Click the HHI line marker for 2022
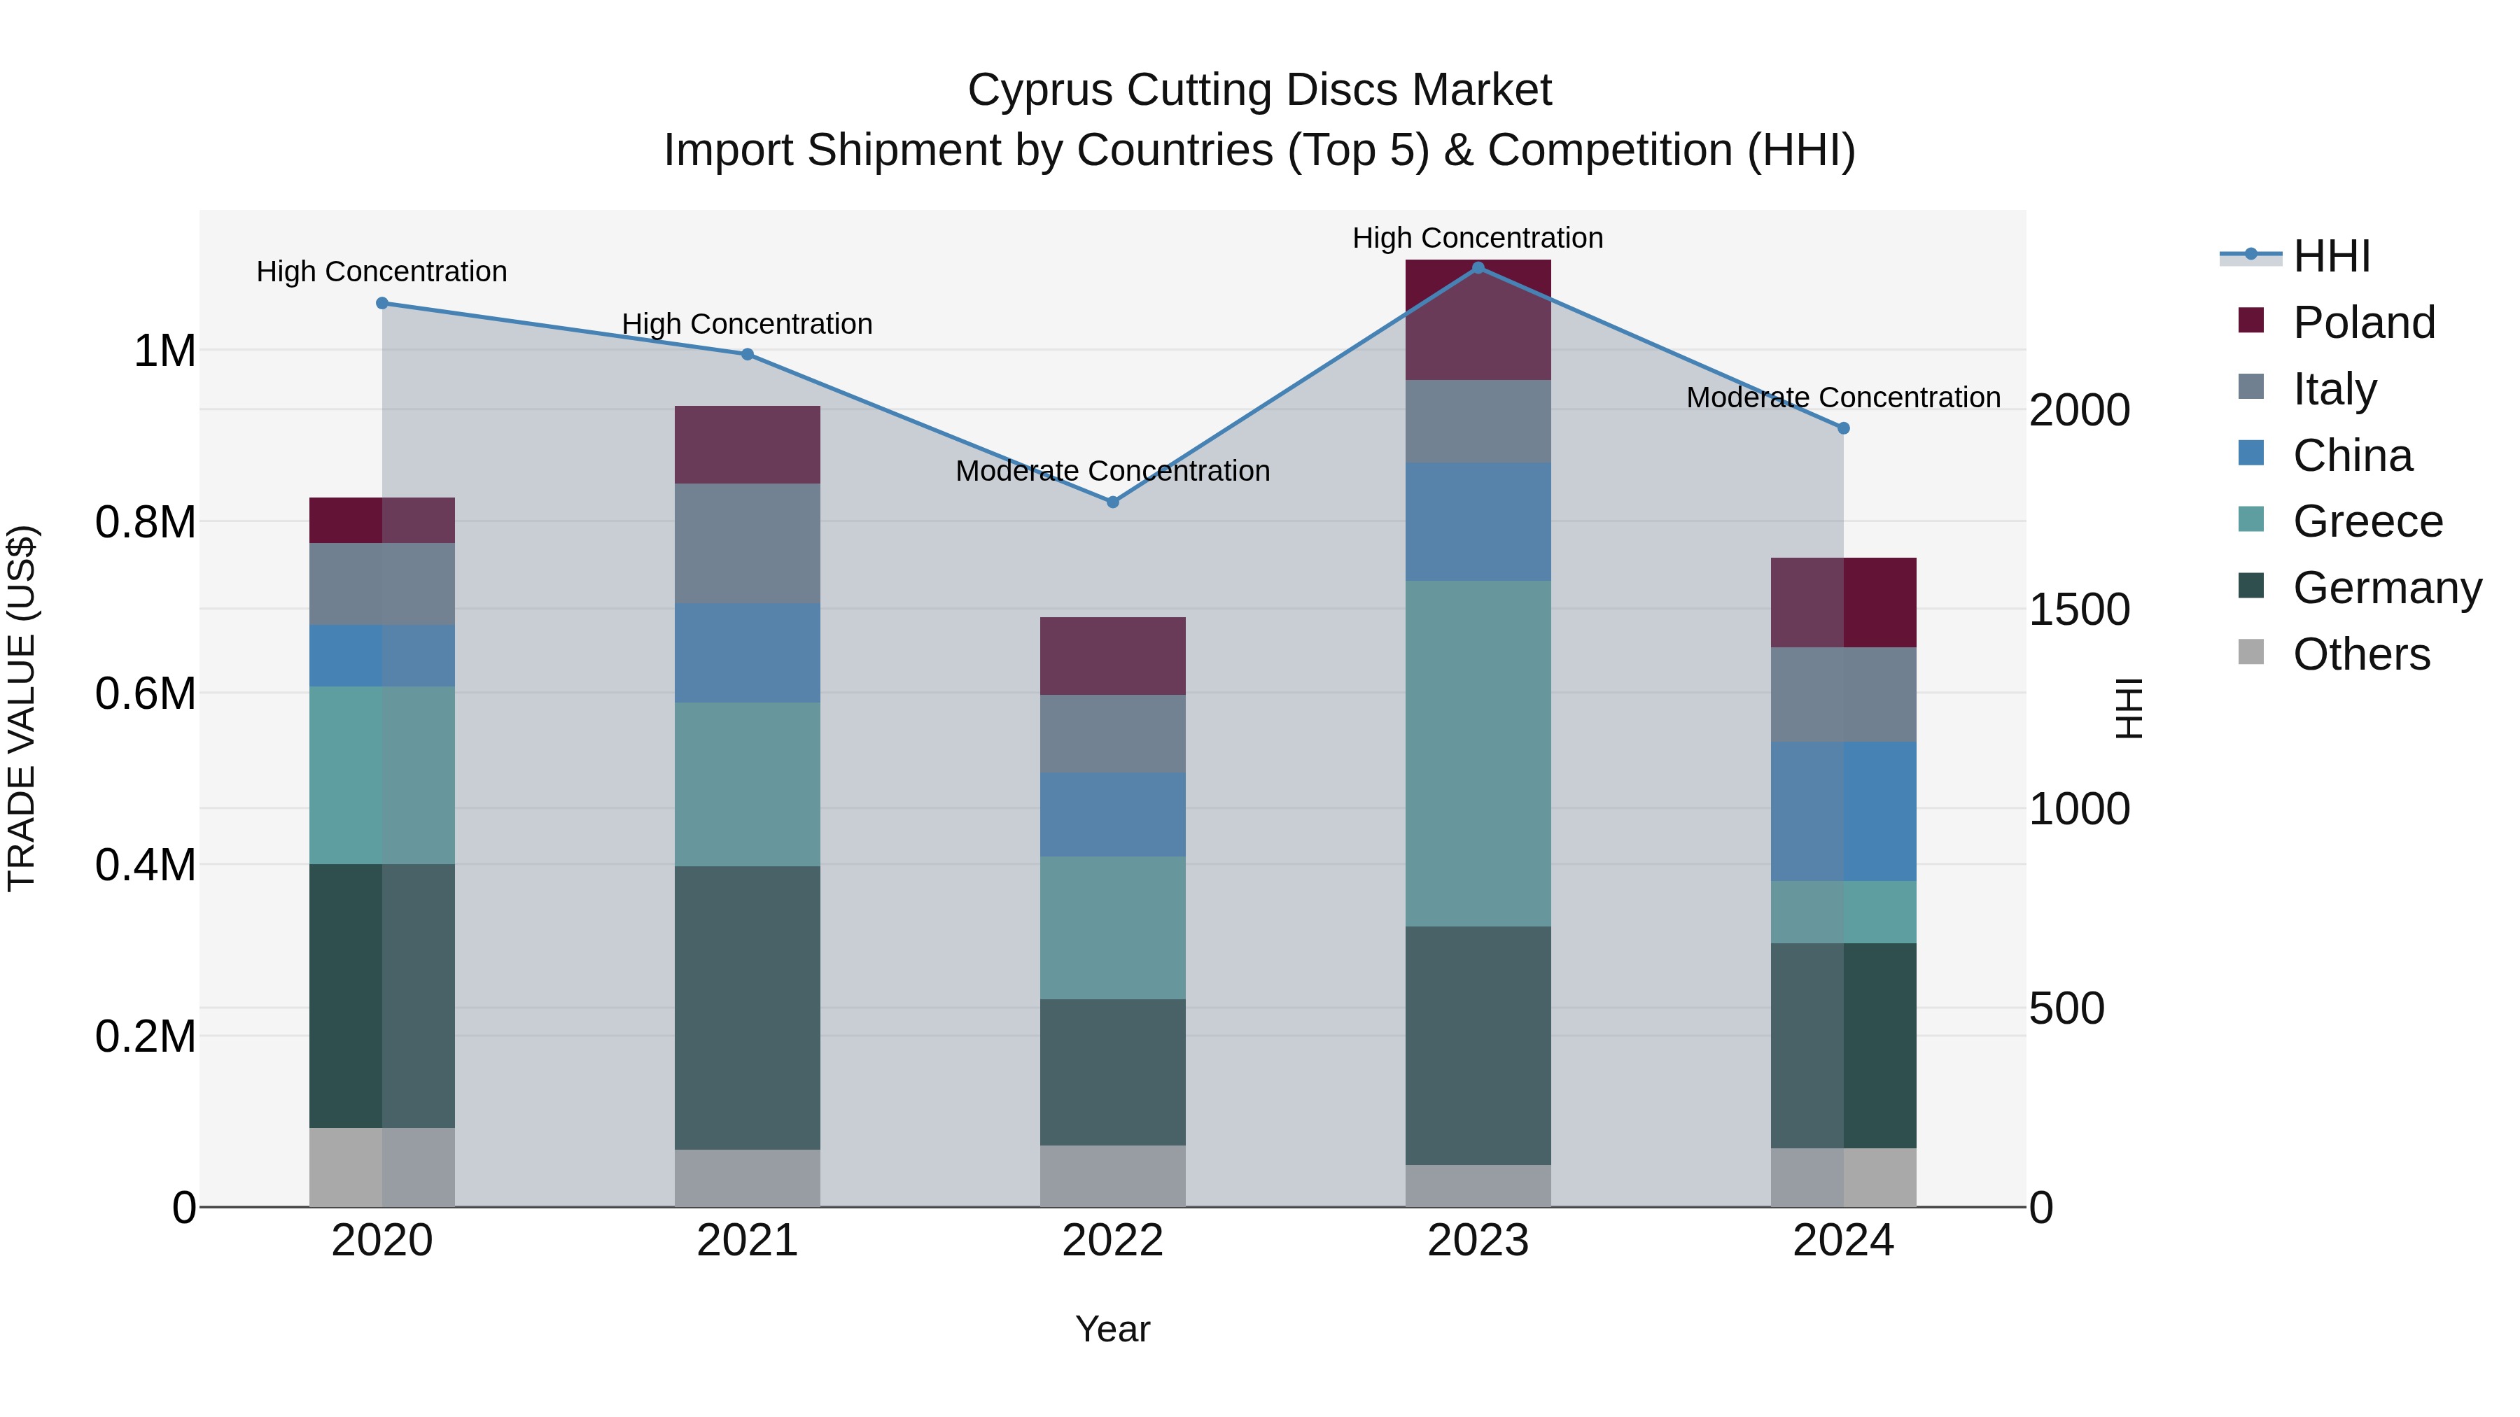(x=1112, y=502)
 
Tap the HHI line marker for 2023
(x=1478, y=267)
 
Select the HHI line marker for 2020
(x=382, y=303)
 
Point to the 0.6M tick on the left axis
(x=146, y=693)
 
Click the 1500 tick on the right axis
(x=2079, y=609)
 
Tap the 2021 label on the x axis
(x=748, y=1241)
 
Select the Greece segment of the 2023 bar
(x=1478, y=753)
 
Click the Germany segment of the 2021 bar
(x=748, y=1007)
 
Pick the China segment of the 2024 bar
(x=1843, y=811)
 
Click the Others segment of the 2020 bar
(x=382, y=1166)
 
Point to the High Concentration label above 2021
(x=748, y=324)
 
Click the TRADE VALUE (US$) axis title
(x=22, y=708)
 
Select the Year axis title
(x=1112, y=1329)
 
